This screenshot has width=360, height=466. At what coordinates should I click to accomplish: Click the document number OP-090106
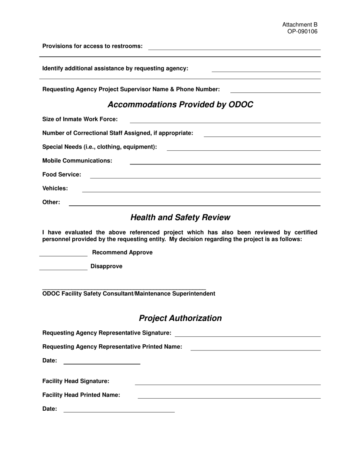click(x=302, y=31)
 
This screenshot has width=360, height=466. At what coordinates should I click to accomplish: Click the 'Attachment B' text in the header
click(x=300, y=25)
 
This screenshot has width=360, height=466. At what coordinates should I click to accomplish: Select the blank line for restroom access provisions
click(x=234, y=48)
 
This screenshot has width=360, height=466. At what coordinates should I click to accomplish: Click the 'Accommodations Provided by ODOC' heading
click(x=180, y=105)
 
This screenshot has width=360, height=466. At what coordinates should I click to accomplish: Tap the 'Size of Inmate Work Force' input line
click(x=225, y=121)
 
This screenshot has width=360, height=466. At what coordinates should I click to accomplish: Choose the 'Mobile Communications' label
click(x=77, y=161)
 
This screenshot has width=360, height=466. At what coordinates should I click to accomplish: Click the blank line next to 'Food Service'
click(x=205, y=177)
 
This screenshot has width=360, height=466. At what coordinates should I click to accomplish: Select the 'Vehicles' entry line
click(x=201, y=191)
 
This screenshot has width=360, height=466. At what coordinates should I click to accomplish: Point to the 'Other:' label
click(x=51, y=202)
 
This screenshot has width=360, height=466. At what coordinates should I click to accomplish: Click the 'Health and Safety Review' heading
click(x=180, y=217)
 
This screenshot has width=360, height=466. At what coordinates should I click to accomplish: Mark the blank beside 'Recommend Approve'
click(x=63, y=255)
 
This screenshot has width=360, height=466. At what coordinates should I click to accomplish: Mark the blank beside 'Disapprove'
click(x=63, y=268)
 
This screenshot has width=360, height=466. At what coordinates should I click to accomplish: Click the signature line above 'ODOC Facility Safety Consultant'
click(x=124, y=288)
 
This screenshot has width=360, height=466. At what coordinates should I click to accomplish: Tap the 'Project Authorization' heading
click(x=180, y=318)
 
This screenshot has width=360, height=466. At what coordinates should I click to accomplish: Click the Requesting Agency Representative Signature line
click(x=247, y=335)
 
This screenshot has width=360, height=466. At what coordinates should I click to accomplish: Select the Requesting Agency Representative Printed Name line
click(x=255, y=349)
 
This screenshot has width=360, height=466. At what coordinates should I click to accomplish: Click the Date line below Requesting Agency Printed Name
click(x=102, y=363)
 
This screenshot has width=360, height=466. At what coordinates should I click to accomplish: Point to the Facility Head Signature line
click(x=228, y=383)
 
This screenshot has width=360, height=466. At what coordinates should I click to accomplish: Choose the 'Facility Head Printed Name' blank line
click(x=229, y=397)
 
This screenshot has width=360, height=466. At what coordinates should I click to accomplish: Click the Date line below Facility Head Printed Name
click(x=119, y=411)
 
